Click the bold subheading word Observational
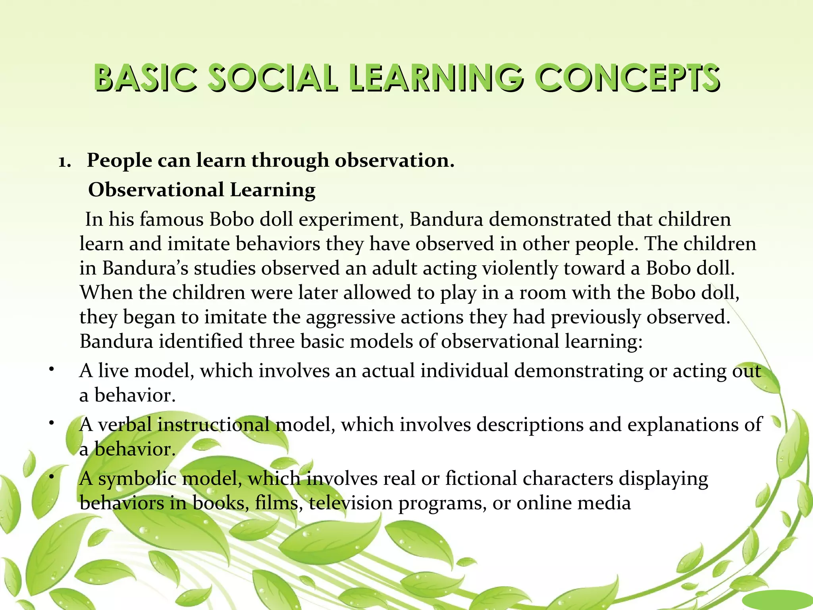[156, 190]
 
